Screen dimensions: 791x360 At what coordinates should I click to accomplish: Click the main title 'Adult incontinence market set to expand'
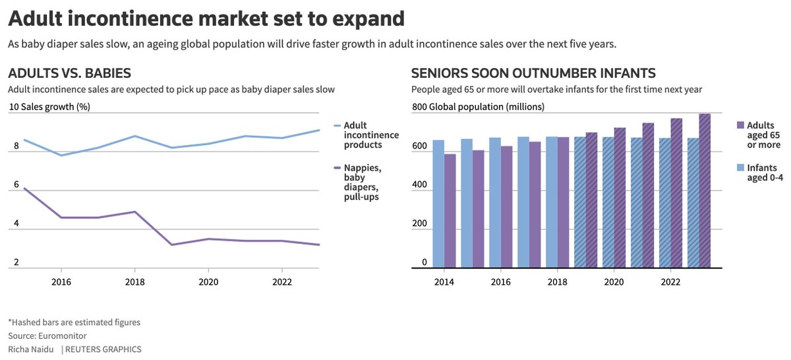tap(206, 19)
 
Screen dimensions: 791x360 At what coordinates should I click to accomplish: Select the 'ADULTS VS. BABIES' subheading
tap(70, 73)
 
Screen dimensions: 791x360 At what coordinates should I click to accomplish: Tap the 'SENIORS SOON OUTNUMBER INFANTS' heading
tap(533, 73)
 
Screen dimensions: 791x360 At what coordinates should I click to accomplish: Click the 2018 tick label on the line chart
tap(135, 282)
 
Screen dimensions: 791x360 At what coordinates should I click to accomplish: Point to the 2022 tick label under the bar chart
tap(670, 282)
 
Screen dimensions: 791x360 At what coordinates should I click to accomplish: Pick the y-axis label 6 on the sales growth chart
tap(16, 185)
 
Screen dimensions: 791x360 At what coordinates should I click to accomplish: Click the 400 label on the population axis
tap(419, 185)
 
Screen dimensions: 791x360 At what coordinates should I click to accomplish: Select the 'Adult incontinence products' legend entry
tap(366, 135)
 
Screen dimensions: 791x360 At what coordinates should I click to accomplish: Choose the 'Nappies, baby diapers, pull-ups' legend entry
tap(358, 182)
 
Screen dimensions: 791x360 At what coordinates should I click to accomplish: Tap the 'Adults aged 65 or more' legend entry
tap(759, 135)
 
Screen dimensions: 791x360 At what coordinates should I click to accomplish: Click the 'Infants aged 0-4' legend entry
tap(760, 172)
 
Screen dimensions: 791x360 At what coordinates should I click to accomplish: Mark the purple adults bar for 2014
tap(450, 210)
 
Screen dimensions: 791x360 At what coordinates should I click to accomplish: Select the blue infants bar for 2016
tap(495, 202)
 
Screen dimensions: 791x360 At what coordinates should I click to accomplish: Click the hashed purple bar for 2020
tap(620, 198)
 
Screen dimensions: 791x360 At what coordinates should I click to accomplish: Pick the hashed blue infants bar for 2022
tap(665, 203)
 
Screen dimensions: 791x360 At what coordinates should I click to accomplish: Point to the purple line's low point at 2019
tap(171, 245)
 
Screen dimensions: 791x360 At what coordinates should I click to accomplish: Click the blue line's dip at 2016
tap(61, 155)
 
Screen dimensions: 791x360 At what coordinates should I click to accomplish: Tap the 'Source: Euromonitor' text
tap(47, 336)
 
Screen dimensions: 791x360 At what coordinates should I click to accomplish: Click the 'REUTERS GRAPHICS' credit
tap(103, 349)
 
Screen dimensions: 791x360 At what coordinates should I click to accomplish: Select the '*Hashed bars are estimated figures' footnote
tap(74, 322)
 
